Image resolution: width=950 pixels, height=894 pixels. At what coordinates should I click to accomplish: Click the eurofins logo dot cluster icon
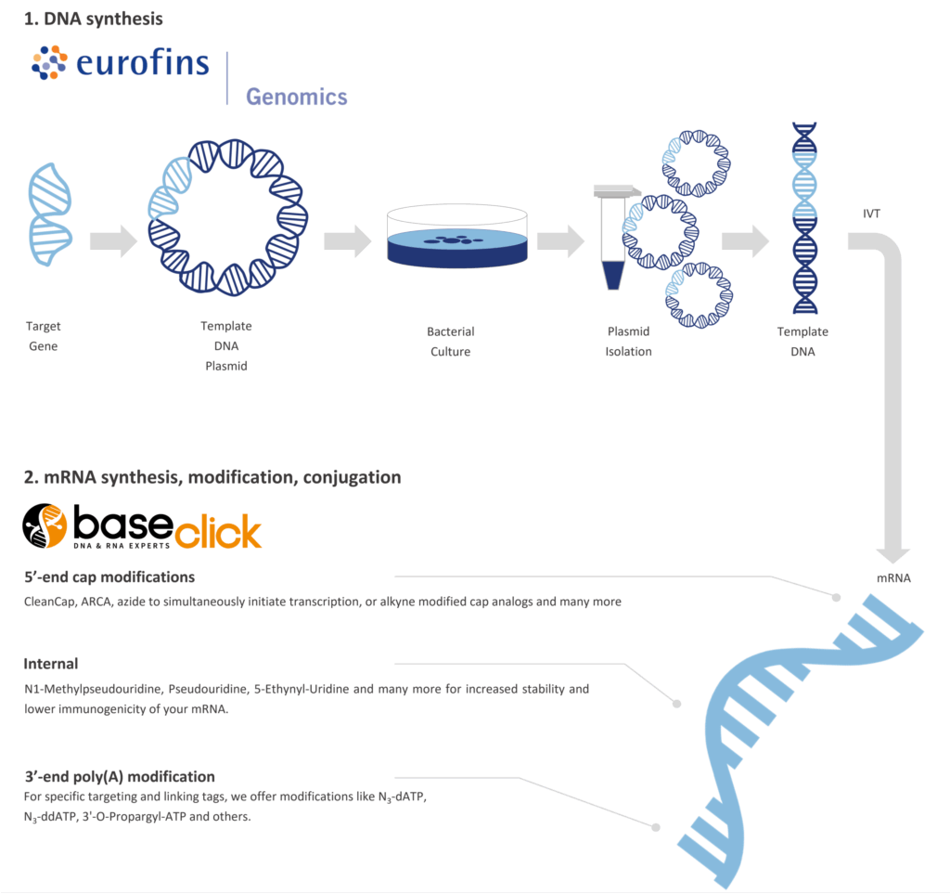tap(50, 63)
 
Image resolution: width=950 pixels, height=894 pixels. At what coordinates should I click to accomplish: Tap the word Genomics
tap(296, 97)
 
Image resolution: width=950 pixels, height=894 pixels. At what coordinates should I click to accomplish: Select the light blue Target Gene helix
tap(50, 211)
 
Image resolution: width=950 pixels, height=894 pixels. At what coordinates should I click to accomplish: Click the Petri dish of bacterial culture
tap(456, 239)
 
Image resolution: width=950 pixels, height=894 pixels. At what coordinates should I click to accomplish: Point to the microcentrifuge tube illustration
tap(613, 237)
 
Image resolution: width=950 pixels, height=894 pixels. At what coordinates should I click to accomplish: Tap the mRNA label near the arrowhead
tap(893, 578)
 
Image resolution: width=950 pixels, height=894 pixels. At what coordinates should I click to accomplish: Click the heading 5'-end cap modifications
tap(109, 577)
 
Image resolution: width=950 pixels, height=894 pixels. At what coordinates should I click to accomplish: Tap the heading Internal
tap(51, 664)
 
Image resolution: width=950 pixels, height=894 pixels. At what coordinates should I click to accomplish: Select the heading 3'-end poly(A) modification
tap(120, 776)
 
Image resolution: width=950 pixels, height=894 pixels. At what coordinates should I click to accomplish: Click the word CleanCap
tap(51, 602)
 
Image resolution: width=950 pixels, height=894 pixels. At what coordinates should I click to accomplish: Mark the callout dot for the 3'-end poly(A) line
tap(656, 826)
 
